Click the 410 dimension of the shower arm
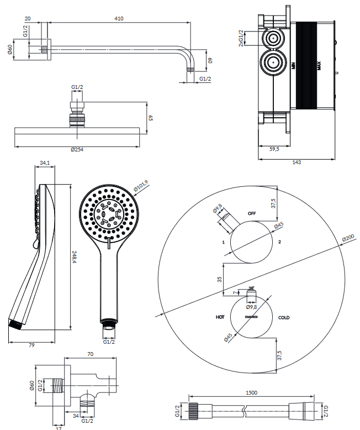[119, 18]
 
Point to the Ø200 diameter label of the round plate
[348, 238]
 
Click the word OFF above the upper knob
[252, 213]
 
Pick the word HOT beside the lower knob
[220, 318]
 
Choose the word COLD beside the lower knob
[284, 318]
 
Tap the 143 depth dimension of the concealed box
[296, 162]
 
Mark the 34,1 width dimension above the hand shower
[45, 162]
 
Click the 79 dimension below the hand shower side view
[31, 345]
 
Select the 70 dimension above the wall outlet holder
[90, 354]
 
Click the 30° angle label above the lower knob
[252, 288]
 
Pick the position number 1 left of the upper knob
[222, 242]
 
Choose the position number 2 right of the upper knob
[280, 242]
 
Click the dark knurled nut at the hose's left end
[193, 411]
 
